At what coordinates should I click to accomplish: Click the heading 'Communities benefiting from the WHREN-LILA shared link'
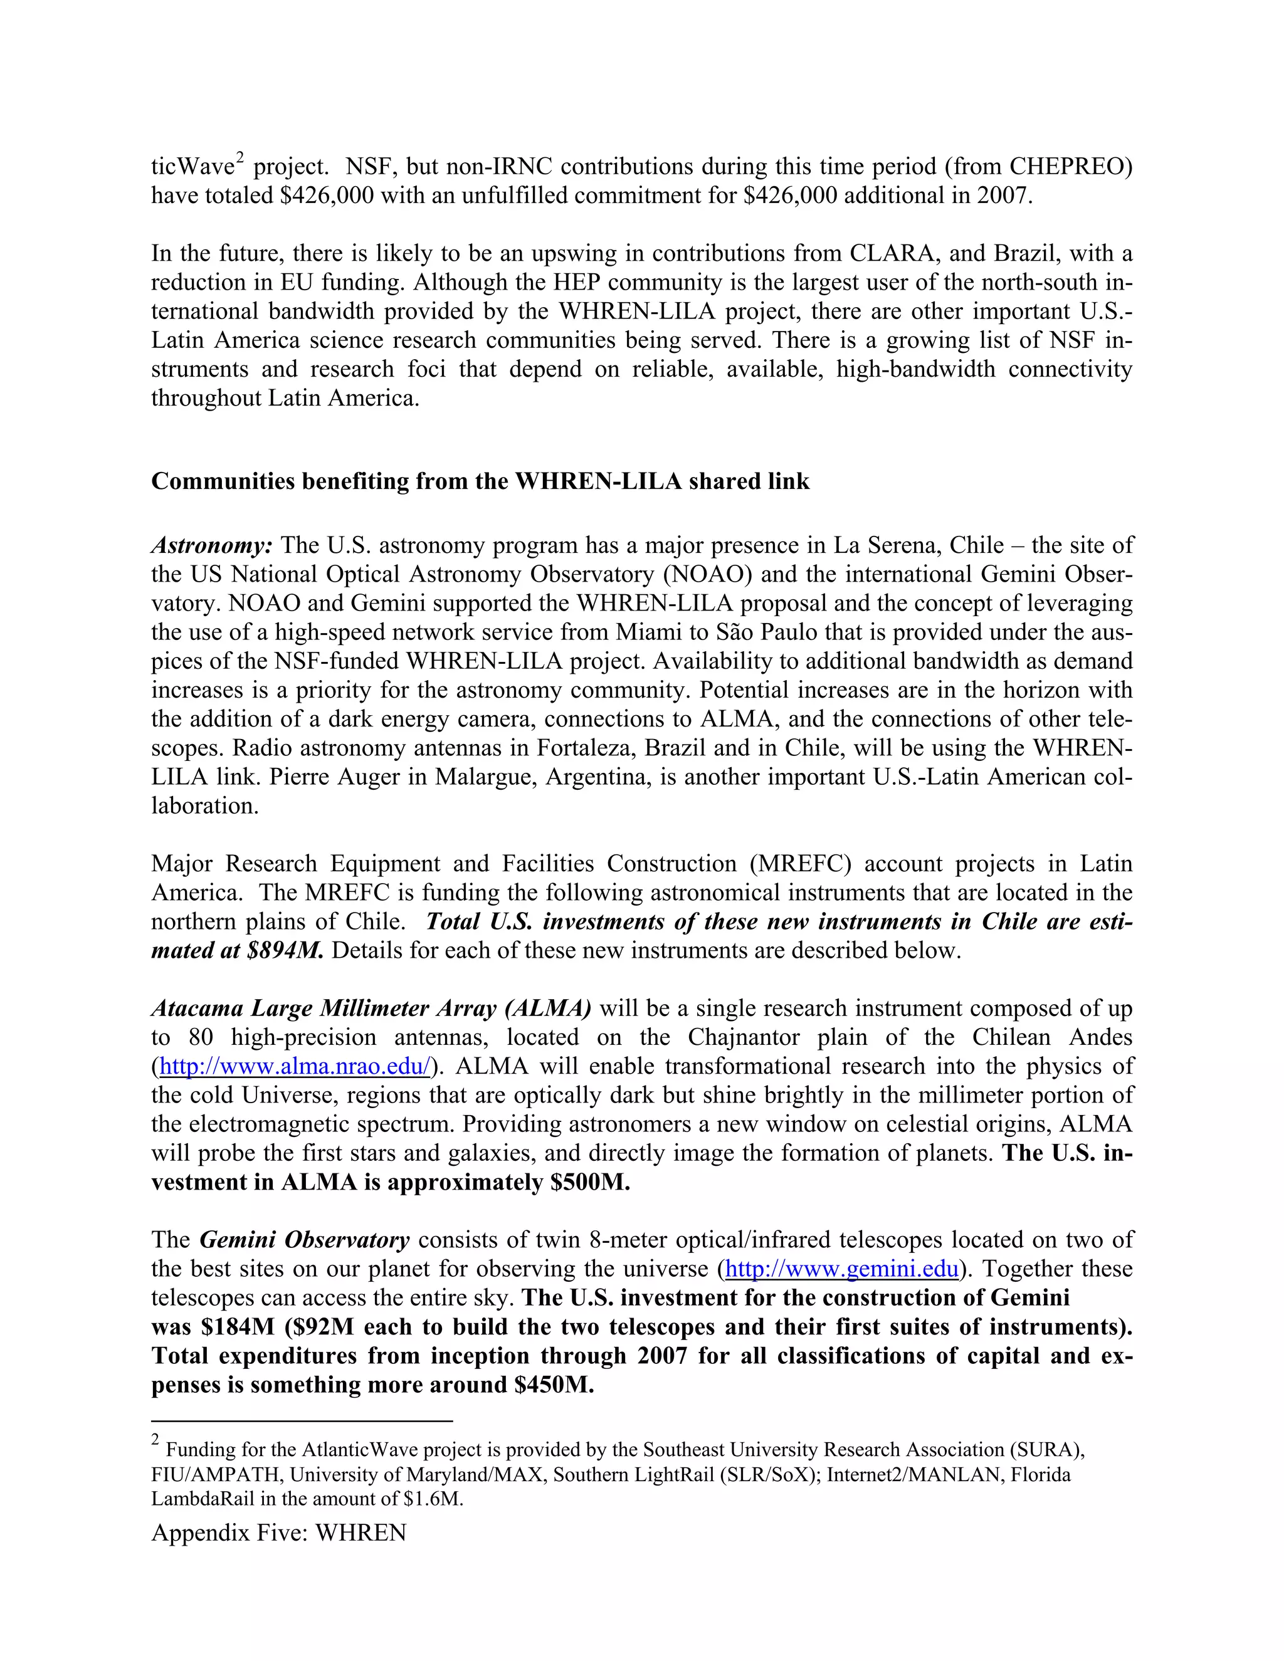[480, 481]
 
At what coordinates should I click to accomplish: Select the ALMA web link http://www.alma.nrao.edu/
[295, 1066]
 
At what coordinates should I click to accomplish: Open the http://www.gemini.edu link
[842, 1269]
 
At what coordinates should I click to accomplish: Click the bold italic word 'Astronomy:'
[211, 545]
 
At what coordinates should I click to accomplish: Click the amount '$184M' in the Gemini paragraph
[238, 1326]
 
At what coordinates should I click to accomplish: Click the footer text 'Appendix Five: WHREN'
[278, 1533]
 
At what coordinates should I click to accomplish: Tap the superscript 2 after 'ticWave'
[239, 158]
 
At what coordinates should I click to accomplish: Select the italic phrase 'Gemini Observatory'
[304, 1240]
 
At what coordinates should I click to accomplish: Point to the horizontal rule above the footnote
[302, 1421]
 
